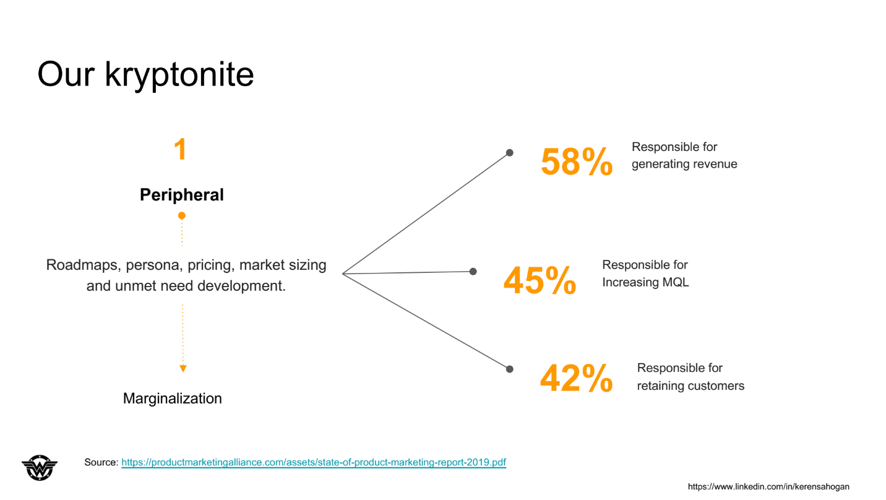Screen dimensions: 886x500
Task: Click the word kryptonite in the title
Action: point(179,75)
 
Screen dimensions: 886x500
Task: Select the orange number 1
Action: point(181,149)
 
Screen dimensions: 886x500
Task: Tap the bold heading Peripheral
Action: point(182,195)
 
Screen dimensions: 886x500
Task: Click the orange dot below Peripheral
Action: point(181,215)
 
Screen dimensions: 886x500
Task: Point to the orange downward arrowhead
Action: point(183,369)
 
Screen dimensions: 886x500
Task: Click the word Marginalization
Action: point(173,399)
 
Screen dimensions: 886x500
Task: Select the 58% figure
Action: point(577,162)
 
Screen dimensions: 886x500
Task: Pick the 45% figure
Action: point(540,280)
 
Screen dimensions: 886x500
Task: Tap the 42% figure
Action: point(576,379)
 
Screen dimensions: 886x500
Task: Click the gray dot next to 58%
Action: point(509,153)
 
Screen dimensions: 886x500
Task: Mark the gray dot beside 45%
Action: point(473,272)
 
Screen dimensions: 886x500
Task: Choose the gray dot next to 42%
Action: point(509,369)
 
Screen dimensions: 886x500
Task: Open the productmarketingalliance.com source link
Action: point(314,462)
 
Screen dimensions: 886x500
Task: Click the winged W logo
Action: point(40,468)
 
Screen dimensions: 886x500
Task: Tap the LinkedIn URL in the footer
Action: point(768,486)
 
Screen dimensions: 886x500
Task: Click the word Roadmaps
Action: point(83,265)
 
